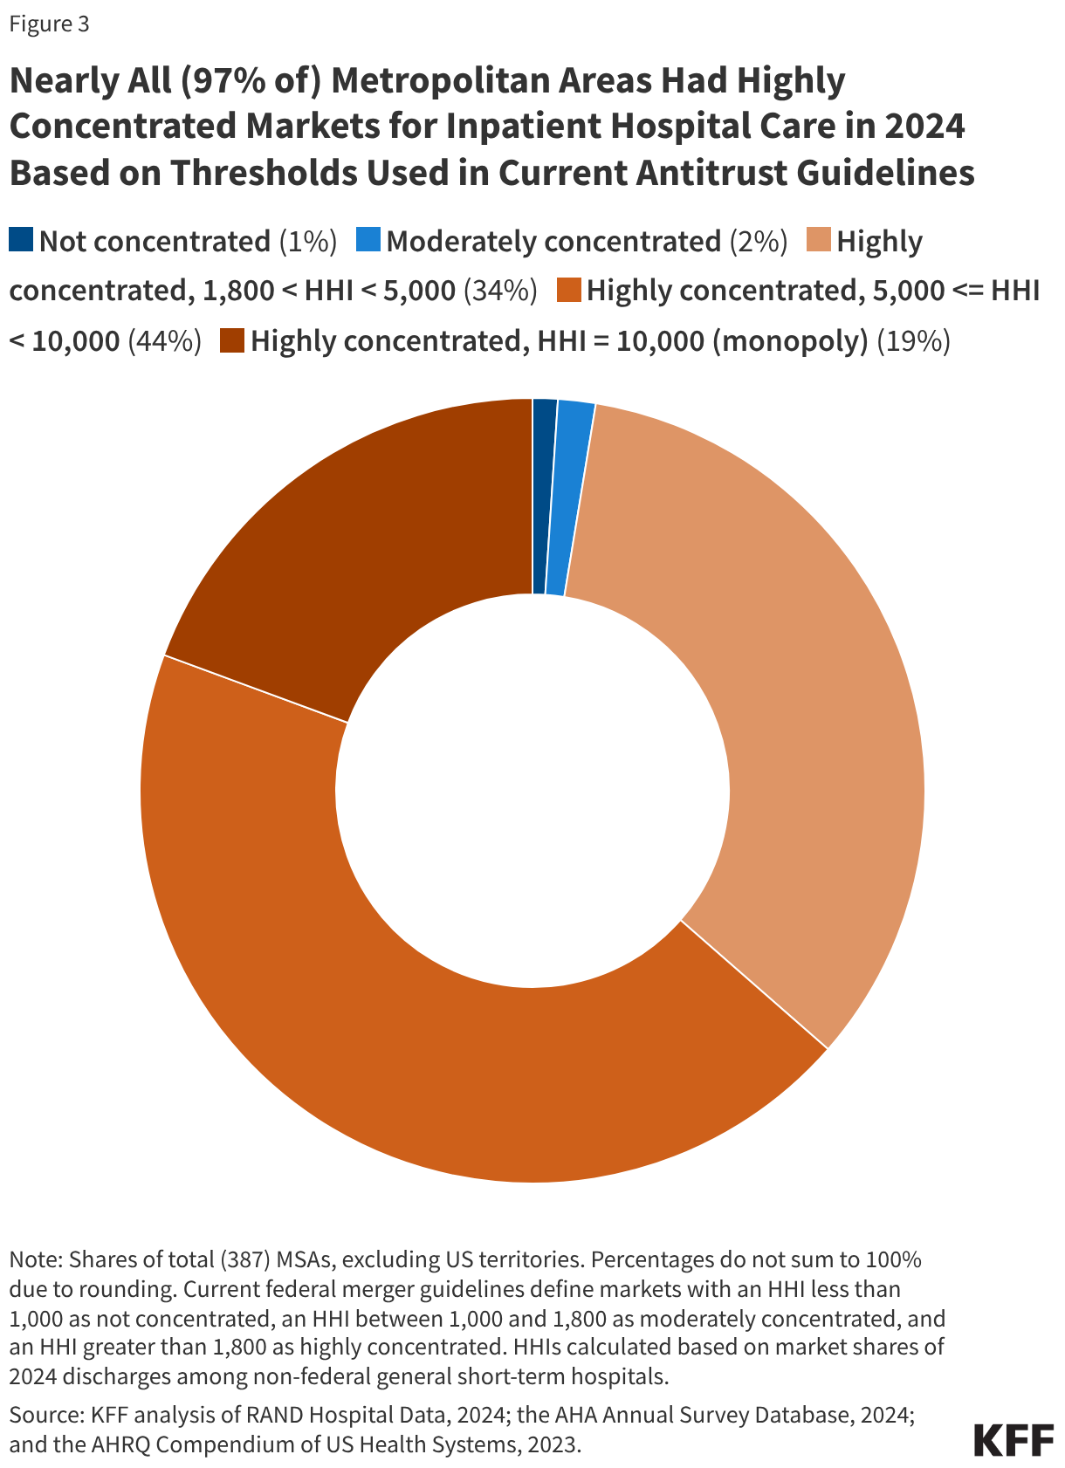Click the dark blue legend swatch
(21, 240)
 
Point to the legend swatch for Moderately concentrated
(368, 240)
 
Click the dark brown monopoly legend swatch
(231, 340)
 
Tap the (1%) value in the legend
(307, 242)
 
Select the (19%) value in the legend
(913, 341)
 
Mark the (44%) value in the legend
(165, 341)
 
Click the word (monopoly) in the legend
(790, 341)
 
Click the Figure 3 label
(49, 24)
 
